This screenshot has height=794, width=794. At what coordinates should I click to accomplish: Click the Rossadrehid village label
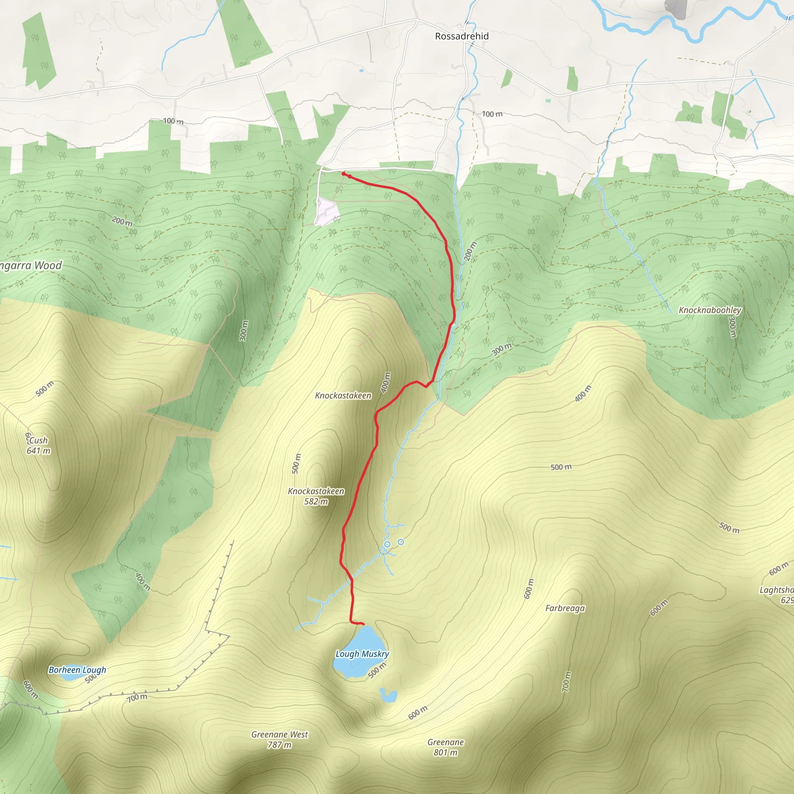click(461, 36)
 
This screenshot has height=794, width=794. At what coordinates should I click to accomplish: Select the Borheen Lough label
click(77, 670)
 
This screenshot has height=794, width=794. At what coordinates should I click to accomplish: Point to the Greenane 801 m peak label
click(445, 747)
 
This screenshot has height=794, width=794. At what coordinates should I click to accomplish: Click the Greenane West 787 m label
click(280, 739)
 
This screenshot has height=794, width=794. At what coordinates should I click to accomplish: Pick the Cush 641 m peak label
click(38, 445)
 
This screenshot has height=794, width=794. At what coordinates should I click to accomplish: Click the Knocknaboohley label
click(710, 310)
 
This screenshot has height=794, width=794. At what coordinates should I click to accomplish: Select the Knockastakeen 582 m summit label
click(316, 496)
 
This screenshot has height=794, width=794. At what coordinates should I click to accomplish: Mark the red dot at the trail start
click(343, 174)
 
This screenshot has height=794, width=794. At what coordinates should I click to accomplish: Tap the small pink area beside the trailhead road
click(327, 211)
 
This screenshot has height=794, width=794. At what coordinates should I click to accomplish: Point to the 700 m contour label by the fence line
click(137, 697)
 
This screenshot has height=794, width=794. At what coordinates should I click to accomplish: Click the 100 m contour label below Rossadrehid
click(492, 114)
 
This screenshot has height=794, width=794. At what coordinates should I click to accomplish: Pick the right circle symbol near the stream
click(401, 542)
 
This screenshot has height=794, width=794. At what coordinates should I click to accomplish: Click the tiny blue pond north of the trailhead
click(361, 71)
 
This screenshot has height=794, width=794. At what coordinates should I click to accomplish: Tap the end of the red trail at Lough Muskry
click(363, 625)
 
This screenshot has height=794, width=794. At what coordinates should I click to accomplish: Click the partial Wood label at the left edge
click(31, 266)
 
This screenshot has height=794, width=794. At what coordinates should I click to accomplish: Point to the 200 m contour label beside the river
click(470, 251)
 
